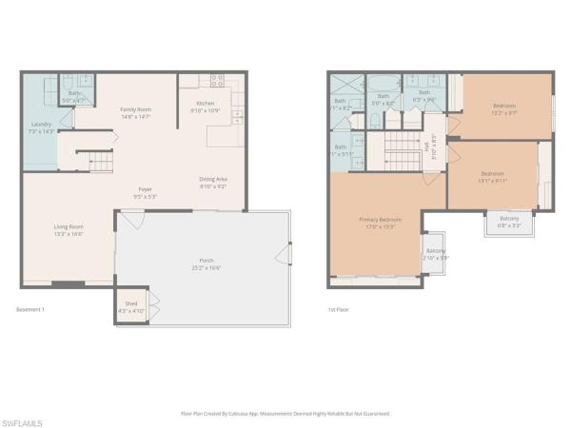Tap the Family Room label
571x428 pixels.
[x=136, y=113]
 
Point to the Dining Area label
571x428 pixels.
[x=212, y=182]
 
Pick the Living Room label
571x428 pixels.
[x=69, y=229]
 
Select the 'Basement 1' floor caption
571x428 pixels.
[x=31, y=310]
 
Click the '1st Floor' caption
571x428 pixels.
[x=338, y=310]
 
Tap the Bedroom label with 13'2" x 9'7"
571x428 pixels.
[x=504, y=108]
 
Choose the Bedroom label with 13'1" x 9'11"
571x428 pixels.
[x=492, y=176]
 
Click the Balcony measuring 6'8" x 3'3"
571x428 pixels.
[x=510, y=222]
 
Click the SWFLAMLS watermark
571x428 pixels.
[x=24, y=418]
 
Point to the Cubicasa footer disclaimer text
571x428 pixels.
[x=285, y=413]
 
